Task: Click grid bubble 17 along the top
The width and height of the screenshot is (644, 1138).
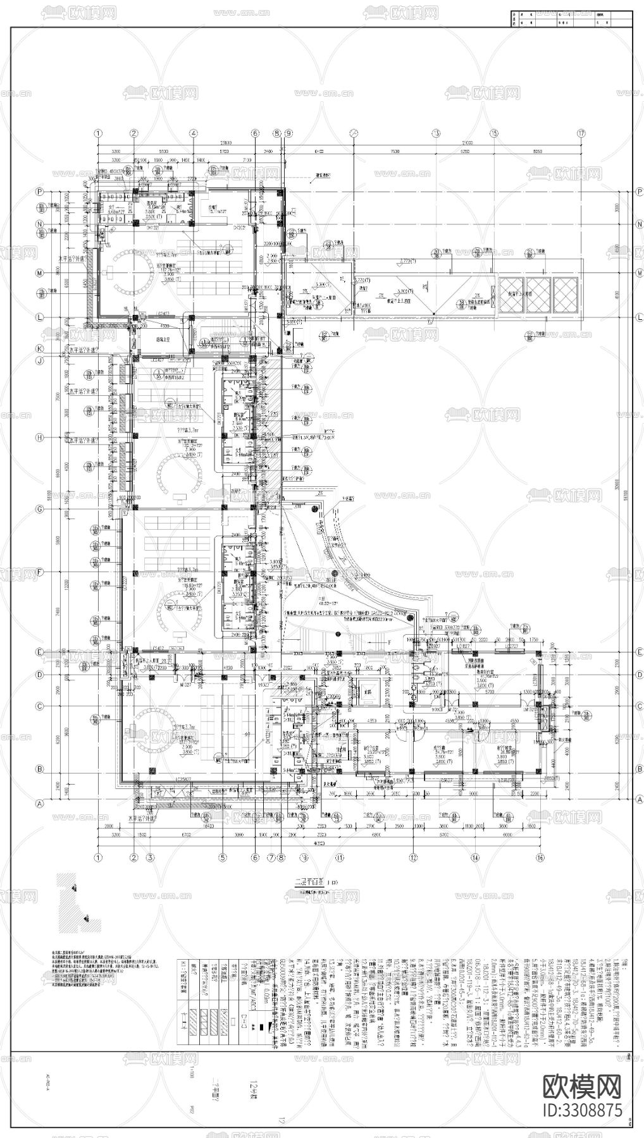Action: coord(581,133)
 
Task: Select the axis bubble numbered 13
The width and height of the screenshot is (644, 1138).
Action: coord(435,133)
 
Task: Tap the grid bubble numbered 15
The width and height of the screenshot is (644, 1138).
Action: coord(493,133)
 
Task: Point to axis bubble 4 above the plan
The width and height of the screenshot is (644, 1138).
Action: coord(192,133)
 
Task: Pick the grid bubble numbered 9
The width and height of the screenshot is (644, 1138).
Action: coord(288,133)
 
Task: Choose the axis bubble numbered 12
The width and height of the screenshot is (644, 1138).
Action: coord(413,858)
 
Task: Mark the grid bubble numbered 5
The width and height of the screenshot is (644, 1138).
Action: coord(222,858)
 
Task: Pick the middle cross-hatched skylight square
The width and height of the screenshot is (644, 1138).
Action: coord(539,295)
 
